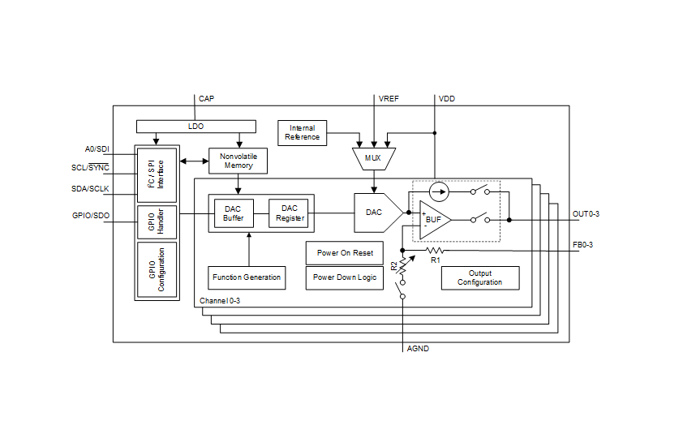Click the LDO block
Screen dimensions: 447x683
coord(195,127)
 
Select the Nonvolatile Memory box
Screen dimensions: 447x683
coord(238,160)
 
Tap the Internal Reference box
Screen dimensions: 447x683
coord(302,132)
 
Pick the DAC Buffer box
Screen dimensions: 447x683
coord(234,213)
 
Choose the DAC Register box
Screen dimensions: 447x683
coord(289,213)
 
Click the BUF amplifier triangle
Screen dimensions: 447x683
coord(433,220)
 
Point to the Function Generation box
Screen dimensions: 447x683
coord(247,277)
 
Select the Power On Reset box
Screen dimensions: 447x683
coord(345,252)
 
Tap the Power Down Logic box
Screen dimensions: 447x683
coord(345,277)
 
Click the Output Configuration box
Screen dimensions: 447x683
coord(480,277)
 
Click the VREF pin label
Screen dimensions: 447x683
coord(389,99)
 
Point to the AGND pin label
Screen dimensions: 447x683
coord(418,349)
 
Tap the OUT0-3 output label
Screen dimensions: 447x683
coord(586,214)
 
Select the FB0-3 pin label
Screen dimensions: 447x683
coord(583,244)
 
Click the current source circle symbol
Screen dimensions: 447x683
coord(438,192)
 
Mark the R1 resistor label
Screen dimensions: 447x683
coord(435,260)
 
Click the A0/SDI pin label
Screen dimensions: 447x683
coord(97,149)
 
